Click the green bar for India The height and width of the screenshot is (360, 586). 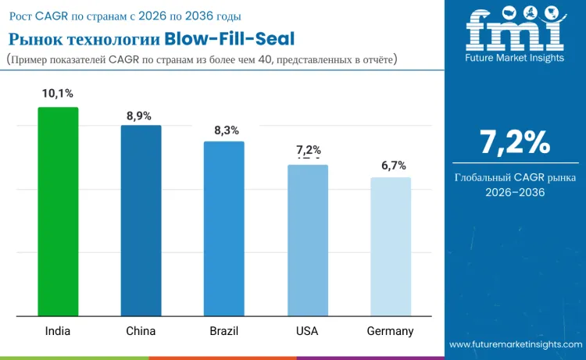pyautogui.click(x=58, y=212)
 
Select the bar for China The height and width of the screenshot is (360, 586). pyautogui.click(x=141, y=221)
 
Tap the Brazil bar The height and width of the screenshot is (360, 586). pyautogui.click(x=223, y=229)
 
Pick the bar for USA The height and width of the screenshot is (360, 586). pyautogui.click(x=307, y=241)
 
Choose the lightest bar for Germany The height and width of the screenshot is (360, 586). pyautogui.click(x=390, y=247)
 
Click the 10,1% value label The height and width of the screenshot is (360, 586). pyautogui.click(x=58, y=94)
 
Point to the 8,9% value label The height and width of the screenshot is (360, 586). pyautogui.click(x=141, y=116)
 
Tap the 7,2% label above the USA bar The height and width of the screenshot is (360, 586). pyautogui.click(x=308, y=150)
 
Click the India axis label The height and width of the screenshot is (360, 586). pyautogui.click(x=57, y=331)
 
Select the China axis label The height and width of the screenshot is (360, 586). pyautogui.click(x=141, y=331)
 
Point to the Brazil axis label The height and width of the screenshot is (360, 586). pyautogui.click(x=223, y=331)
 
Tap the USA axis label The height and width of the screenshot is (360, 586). pyautogui.click(x=307, y=331)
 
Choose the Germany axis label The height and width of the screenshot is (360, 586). pyautogui.click(x=390, y=331)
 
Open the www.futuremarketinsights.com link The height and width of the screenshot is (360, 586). pyautogui.click(x=516, y=344)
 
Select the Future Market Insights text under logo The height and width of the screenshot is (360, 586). pyautogui.click(x=514, y=59)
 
